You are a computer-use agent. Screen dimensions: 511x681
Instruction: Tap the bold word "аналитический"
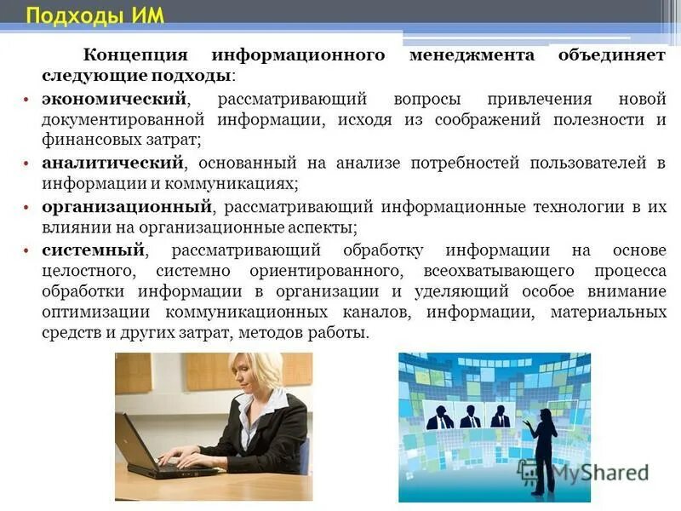[x=112, y=162]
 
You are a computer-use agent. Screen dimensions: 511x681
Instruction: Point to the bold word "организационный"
[x=126, y=206]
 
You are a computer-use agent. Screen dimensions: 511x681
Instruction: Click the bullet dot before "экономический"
[x=27, y=100]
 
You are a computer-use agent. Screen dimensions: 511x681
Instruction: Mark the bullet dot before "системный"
[x=27, y=251]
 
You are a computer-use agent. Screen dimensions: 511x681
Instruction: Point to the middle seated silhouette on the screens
[x=471, y=415]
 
